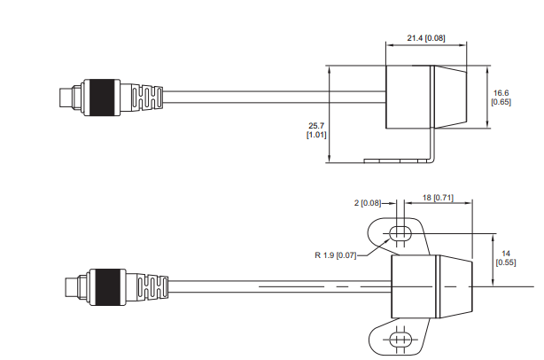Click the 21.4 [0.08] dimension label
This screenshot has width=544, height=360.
(427, 38)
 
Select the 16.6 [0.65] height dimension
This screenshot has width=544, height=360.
(501, 97)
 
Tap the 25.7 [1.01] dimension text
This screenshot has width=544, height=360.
(317, 129)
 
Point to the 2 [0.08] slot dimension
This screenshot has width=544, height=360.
(368, 203)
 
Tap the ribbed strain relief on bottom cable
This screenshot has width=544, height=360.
(148, 287)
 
